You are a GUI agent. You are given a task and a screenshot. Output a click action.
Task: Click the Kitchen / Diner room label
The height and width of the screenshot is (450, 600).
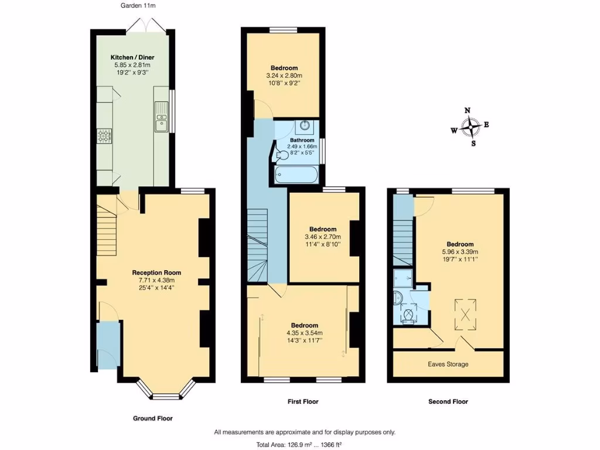click(132, 57)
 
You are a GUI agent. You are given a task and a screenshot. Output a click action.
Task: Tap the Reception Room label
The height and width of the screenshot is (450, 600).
click(156, 272)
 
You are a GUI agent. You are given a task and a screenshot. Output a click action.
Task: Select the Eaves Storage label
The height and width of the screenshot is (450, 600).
click(448, 364)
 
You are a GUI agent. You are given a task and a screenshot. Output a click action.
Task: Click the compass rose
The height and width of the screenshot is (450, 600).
click(471, 126)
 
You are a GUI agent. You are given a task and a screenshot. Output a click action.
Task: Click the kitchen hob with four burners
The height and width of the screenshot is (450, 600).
click(104, 137)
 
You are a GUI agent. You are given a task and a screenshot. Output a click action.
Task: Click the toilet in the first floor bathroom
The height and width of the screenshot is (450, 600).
click(282, 154)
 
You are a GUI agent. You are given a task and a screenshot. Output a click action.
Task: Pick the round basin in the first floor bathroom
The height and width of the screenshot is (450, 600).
click(305, 125)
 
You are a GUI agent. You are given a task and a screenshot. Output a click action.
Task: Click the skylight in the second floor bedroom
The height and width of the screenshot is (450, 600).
click(466, 311)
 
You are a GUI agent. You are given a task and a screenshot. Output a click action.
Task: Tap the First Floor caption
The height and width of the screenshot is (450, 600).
click(303, 402)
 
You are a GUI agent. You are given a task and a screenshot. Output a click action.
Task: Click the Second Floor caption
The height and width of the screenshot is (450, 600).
click(448, 402)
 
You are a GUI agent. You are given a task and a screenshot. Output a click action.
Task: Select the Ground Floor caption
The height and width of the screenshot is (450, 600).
click(152, 418)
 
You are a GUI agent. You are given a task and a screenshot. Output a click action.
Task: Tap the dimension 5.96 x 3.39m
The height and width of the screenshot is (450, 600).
click(460, 252)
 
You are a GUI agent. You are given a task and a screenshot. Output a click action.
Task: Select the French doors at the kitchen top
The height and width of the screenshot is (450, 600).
click(145, 25)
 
